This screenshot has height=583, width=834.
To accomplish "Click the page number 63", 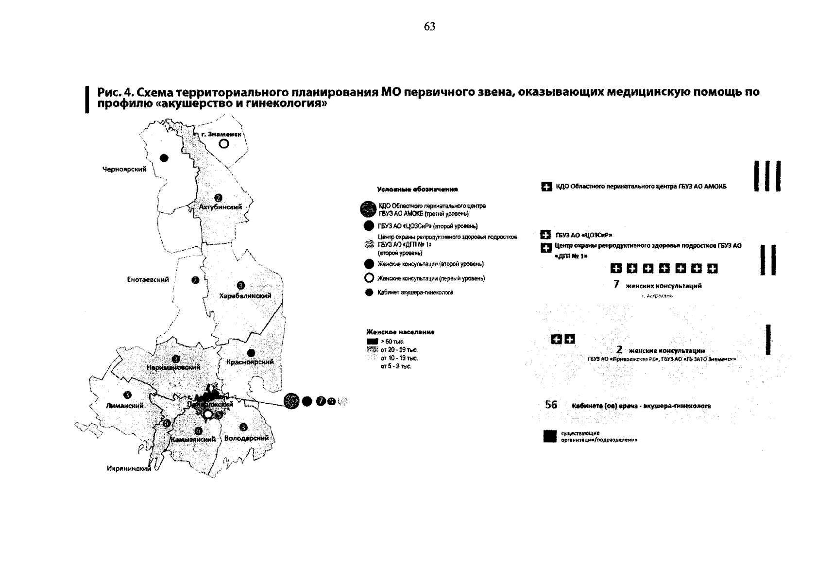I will (429, 27).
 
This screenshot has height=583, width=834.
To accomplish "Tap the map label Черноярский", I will (124, 170).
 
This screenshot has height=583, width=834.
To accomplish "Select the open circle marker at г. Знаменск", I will (223, 144).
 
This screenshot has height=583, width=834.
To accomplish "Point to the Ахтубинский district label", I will (221, 207).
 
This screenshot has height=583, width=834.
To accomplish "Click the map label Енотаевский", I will (148, 280).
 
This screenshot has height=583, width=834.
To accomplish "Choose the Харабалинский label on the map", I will (245, 296).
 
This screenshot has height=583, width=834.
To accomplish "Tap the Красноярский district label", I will (250, 362).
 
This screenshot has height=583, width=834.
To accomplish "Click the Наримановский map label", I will (173, 368).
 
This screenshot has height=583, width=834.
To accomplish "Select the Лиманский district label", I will (125, 405).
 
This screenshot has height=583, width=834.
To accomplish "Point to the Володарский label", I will (247, 438).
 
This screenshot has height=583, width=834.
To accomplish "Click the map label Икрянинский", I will (129, 469).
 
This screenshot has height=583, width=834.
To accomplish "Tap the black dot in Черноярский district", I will (164, 158).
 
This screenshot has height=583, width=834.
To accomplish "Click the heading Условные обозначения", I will (418, 189).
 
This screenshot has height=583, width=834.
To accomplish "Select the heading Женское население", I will (400, 332).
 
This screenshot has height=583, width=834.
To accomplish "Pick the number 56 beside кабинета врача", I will (551, 405).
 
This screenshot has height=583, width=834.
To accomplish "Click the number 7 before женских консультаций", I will (616, 285).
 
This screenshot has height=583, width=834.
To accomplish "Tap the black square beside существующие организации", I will (550, 436).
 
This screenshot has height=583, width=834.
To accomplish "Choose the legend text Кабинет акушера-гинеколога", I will (416, 293).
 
